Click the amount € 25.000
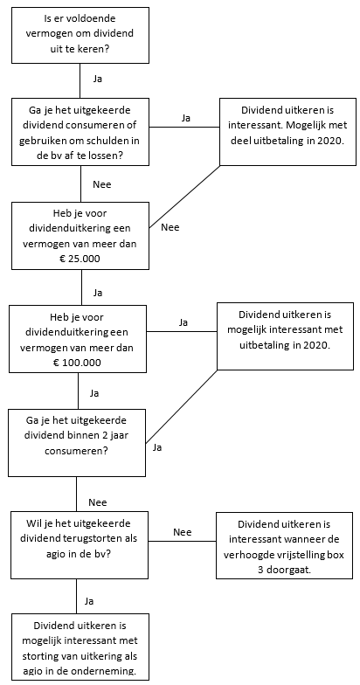[80, 259]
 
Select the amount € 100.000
[78, 362]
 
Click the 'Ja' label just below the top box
[98, 79]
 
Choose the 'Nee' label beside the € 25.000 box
[170, 227]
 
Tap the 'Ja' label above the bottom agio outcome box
[89, 601]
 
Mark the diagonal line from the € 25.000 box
[184, 197]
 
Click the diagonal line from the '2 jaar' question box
[182, 406]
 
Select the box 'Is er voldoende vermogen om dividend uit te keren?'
[80, 35]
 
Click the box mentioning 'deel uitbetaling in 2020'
[287, 131]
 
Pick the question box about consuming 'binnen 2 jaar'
[77, 442]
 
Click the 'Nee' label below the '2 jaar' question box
[98, 502]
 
